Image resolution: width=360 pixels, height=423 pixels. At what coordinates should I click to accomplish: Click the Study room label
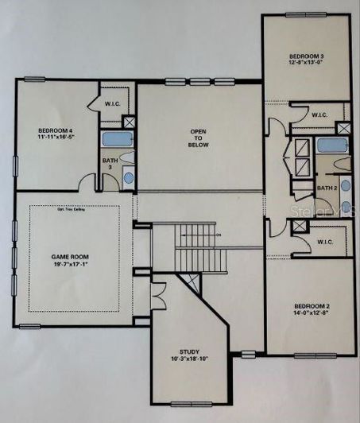189,351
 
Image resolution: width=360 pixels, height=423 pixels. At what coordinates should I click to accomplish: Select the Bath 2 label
326,188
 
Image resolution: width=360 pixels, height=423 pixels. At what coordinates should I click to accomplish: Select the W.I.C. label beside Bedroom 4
112,103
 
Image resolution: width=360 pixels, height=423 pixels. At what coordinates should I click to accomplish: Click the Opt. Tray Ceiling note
74,210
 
